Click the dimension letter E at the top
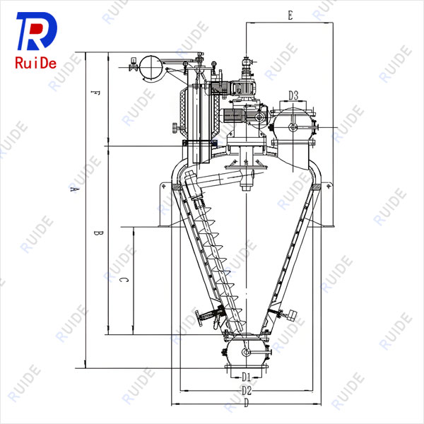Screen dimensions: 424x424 tap(290, 15)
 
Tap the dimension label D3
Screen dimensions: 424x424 tap(293, 95)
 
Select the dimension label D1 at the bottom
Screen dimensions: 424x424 tap(246, 377)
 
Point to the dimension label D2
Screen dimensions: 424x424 tap(247, 391)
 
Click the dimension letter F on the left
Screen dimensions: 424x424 tap(95, 93)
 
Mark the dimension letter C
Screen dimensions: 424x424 tap(123, 280)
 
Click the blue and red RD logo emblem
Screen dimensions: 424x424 tap(37, 31)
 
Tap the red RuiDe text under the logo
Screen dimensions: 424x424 tap(36, 63)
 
